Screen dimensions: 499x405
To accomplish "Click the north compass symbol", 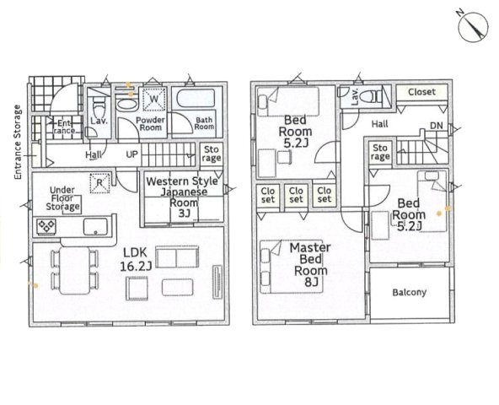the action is pos(473,27).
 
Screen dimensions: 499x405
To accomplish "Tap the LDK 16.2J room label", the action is pos(135,259).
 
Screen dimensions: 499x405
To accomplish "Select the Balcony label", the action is pos(409,292).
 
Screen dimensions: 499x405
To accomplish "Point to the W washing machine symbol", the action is pos(154,99).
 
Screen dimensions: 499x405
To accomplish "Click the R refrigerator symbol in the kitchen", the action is pos(100,183).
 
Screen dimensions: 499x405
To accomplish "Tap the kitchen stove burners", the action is pos(46,226).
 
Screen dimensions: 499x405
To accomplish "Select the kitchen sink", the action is pos(95,227).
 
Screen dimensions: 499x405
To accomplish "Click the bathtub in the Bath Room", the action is pos(196,99).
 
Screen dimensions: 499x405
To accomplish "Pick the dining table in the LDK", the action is pos(75,270).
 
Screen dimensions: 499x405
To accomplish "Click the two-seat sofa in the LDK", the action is pos(177,256).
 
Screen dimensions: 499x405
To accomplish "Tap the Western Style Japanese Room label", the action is pos(182,197).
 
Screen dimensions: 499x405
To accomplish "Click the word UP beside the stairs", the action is pos(132,154).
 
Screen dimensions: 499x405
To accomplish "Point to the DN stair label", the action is pos(437,126).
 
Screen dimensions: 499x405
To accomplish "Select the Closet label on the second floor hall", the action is pos(421,92).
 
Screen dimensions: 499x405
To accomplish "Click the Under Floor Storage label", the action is pos(62,199).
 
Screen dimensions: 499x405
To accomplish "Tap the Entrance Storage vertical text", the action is pos(18,142).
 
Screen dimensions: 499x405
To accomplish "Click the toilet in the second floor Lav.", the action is pos(373,96).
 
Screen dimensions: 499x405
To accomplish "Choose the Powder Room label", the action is pos(150,124).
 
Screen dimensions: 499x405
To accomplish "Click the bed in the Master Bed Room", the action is pos(292,267).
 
